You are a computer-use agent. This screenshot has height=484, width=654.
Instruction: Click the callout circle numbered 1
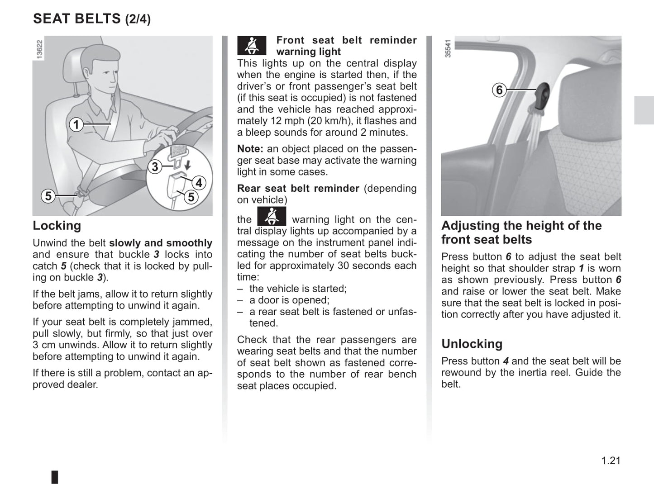76,124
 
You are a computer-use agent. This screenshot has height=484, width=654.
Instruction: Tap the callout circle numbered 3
155,167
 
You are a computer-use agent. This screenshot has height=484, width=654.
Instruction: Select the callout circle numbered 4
199,183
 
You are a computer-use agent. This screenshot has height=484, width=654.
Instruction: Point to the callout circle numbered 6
499,90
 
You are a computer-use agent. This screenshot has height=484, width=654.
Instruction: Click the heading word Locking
57,225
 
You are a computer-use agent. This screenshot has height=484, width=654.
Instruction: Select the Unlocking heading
472,344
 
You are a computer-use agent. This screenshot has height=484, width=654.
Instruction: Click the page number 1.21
611,460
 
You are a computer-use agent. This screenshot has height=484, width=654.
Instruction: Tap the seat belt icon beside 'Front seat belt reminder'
252,45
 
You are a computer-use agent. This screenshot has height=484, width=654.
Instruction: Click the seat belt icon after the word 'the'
272,216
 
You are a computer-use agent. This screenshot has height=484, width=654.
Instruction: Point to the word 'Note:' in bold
250,149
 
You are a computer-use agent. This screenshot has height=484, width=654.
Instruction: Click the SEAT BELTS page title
92,19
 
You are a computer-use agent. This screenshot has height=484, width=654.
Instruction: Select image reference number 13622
39,49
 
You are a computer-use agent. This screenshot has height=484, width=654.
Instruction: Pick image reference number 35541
448,48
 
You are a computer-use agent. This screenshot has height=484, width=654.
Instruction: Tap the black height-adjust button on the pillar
541,96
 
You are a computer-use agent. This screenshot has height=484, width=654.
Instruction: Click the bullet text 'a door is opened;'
289,300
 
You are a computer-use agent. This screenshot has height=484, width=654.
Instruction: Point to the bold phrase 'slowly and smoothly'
161,243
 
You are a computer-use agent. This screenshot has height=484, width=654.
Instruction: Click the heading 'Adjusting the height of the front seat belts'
521,232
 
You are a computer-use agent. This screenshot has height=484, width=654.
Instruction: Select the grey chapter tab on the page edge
644,110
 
